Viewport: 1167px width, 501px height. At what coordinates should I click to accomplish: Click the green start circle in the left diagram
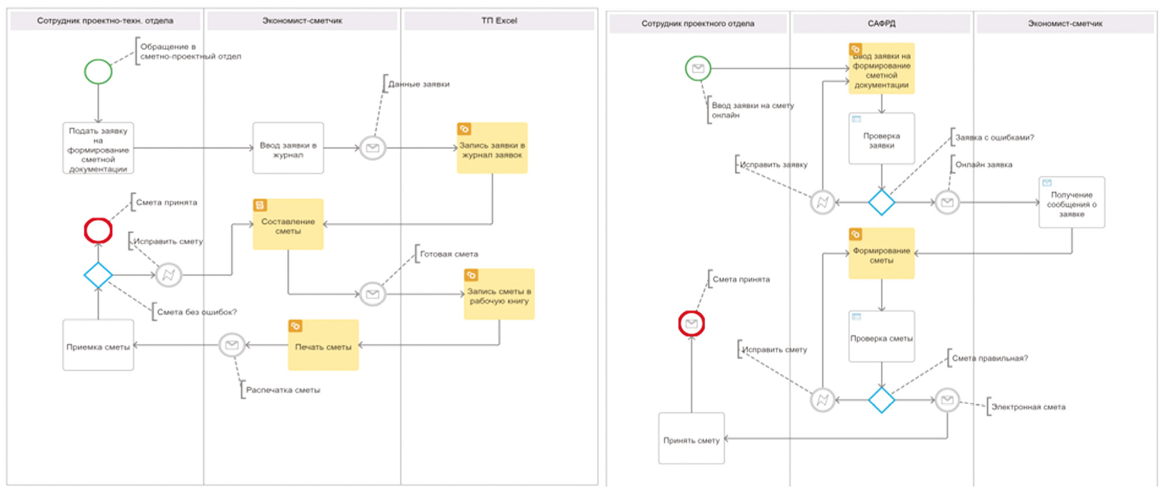(x=98, y=72)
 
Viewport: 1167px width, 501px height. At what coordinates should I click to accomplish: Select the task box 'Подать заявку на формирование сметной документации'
(x=98, y=148)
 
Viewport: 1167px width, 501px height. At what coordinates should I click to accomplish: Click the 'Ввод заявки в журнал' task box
(x=288, y=148)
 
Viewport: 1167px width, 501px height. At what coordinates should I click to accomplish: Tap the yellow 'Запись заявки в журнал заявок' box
(x=492, y=148)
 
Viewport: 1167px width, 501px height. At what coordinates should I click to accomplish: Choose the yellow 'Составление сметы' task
(x=288, y=225)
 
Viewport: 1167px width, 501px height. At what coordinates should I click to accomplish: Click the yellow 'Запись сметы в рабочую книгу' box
(x=499, y=294)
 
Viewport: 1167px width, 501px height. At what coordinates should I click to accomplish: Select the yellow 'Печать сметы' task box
(x=323, y=345)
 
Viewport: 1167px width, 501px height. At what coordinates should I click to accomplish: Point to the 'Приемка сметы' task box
(x=98, y=345)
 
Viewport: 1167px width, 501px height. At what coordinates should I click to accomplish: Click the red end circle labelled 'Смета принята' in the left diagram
(x=98, y=231)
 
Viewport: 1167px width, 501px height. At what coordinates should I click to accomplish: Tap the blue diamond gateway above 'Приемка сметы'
(x=98, y=275)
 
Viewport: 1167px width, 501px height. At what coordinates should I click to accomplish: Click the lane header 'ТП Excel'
(x=499, y=21)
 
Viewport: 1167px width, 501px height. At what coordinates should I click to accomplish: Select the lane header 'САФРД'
(x=881, y=24)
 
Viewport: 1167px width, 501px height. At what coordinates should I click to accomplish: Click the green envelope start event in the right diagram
(x=698, y=69)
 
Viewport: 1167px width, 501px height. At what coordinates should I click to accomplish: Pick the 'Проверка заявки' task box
(x=882, y=139)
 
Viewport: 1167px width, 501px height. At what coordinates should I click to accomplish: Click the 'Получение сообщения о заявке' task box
(x=1072, y=203)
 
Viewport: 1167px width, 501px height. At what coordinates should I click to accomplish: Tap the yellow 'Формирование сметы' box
(x=882, y=254)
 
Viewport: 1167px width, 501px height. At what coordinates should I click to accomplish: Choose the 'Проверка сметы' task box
(x=882, y=337)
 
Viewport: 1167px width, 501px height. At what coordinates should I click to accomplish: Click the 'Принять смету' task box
(x=692, y=439)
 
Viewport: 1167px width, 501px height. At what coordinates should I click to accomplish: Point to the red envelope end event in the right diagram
(x=692, y=324)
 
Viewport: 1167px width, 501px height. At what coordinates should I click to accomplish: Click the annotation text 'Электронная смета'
(x=1028, y=407)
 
